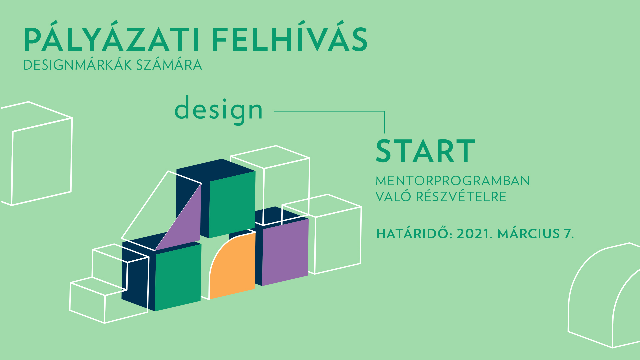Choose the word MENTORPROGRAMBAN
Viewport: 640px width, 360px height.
tap(452, 181)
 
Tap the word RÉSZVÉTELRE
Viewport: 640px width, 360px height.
tap(461, 197)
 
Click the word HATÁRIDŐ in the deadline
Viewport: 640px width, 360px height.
tap(412, 234)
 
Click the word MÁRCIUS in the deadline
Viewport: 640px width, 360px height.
tap(528, 234)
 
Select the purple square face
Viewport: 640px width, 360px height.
tap(285, 252)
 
